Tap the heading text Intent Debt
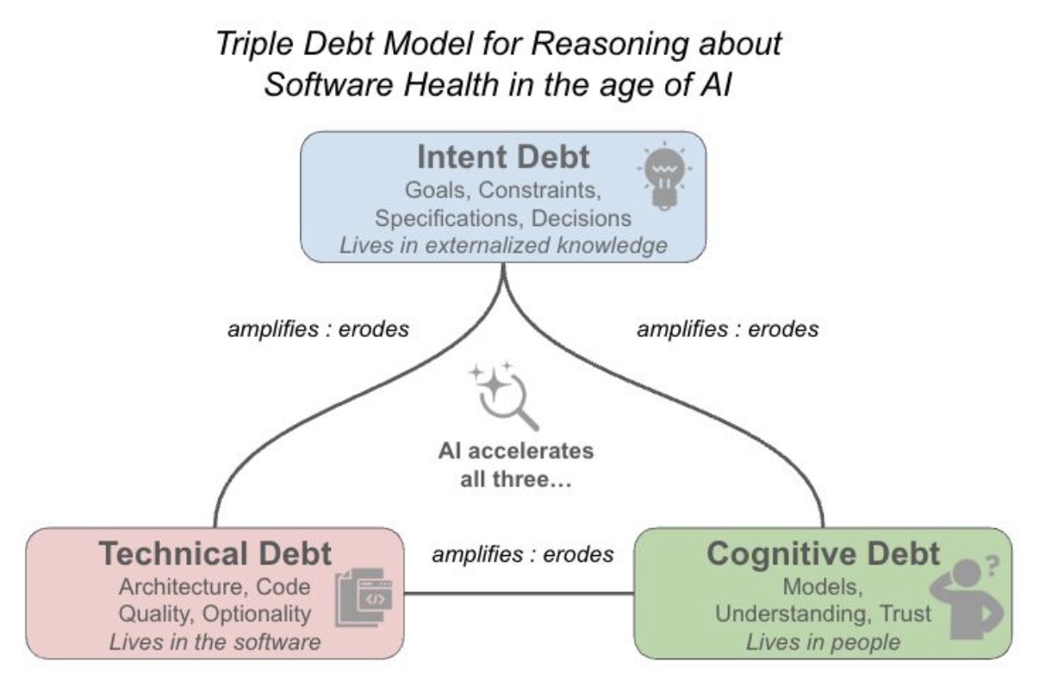(x=503, y=158)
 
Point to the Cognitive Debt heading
(x=822, y=554)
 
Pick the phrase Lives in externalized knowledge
(x=503, y=245)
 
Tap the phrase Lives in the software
(x=215, y=641)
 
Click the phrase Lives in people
(x=823, y=641)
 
